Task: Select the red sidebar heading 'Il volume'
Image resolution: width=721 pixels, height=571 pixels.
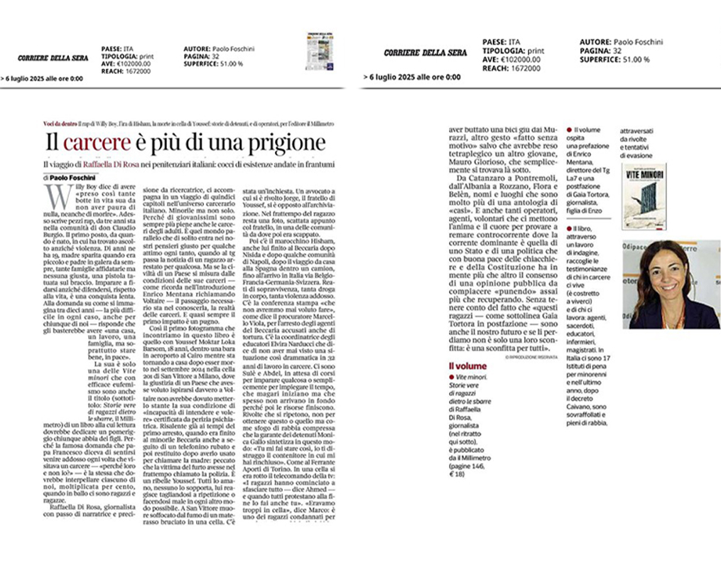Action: [449, 365]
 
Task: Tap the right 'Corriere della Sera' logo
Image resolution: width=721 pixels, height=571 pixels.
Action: [425, 53]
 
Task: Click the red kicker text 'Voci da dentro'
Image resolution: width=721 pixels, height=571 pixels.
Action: [59, 124]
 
